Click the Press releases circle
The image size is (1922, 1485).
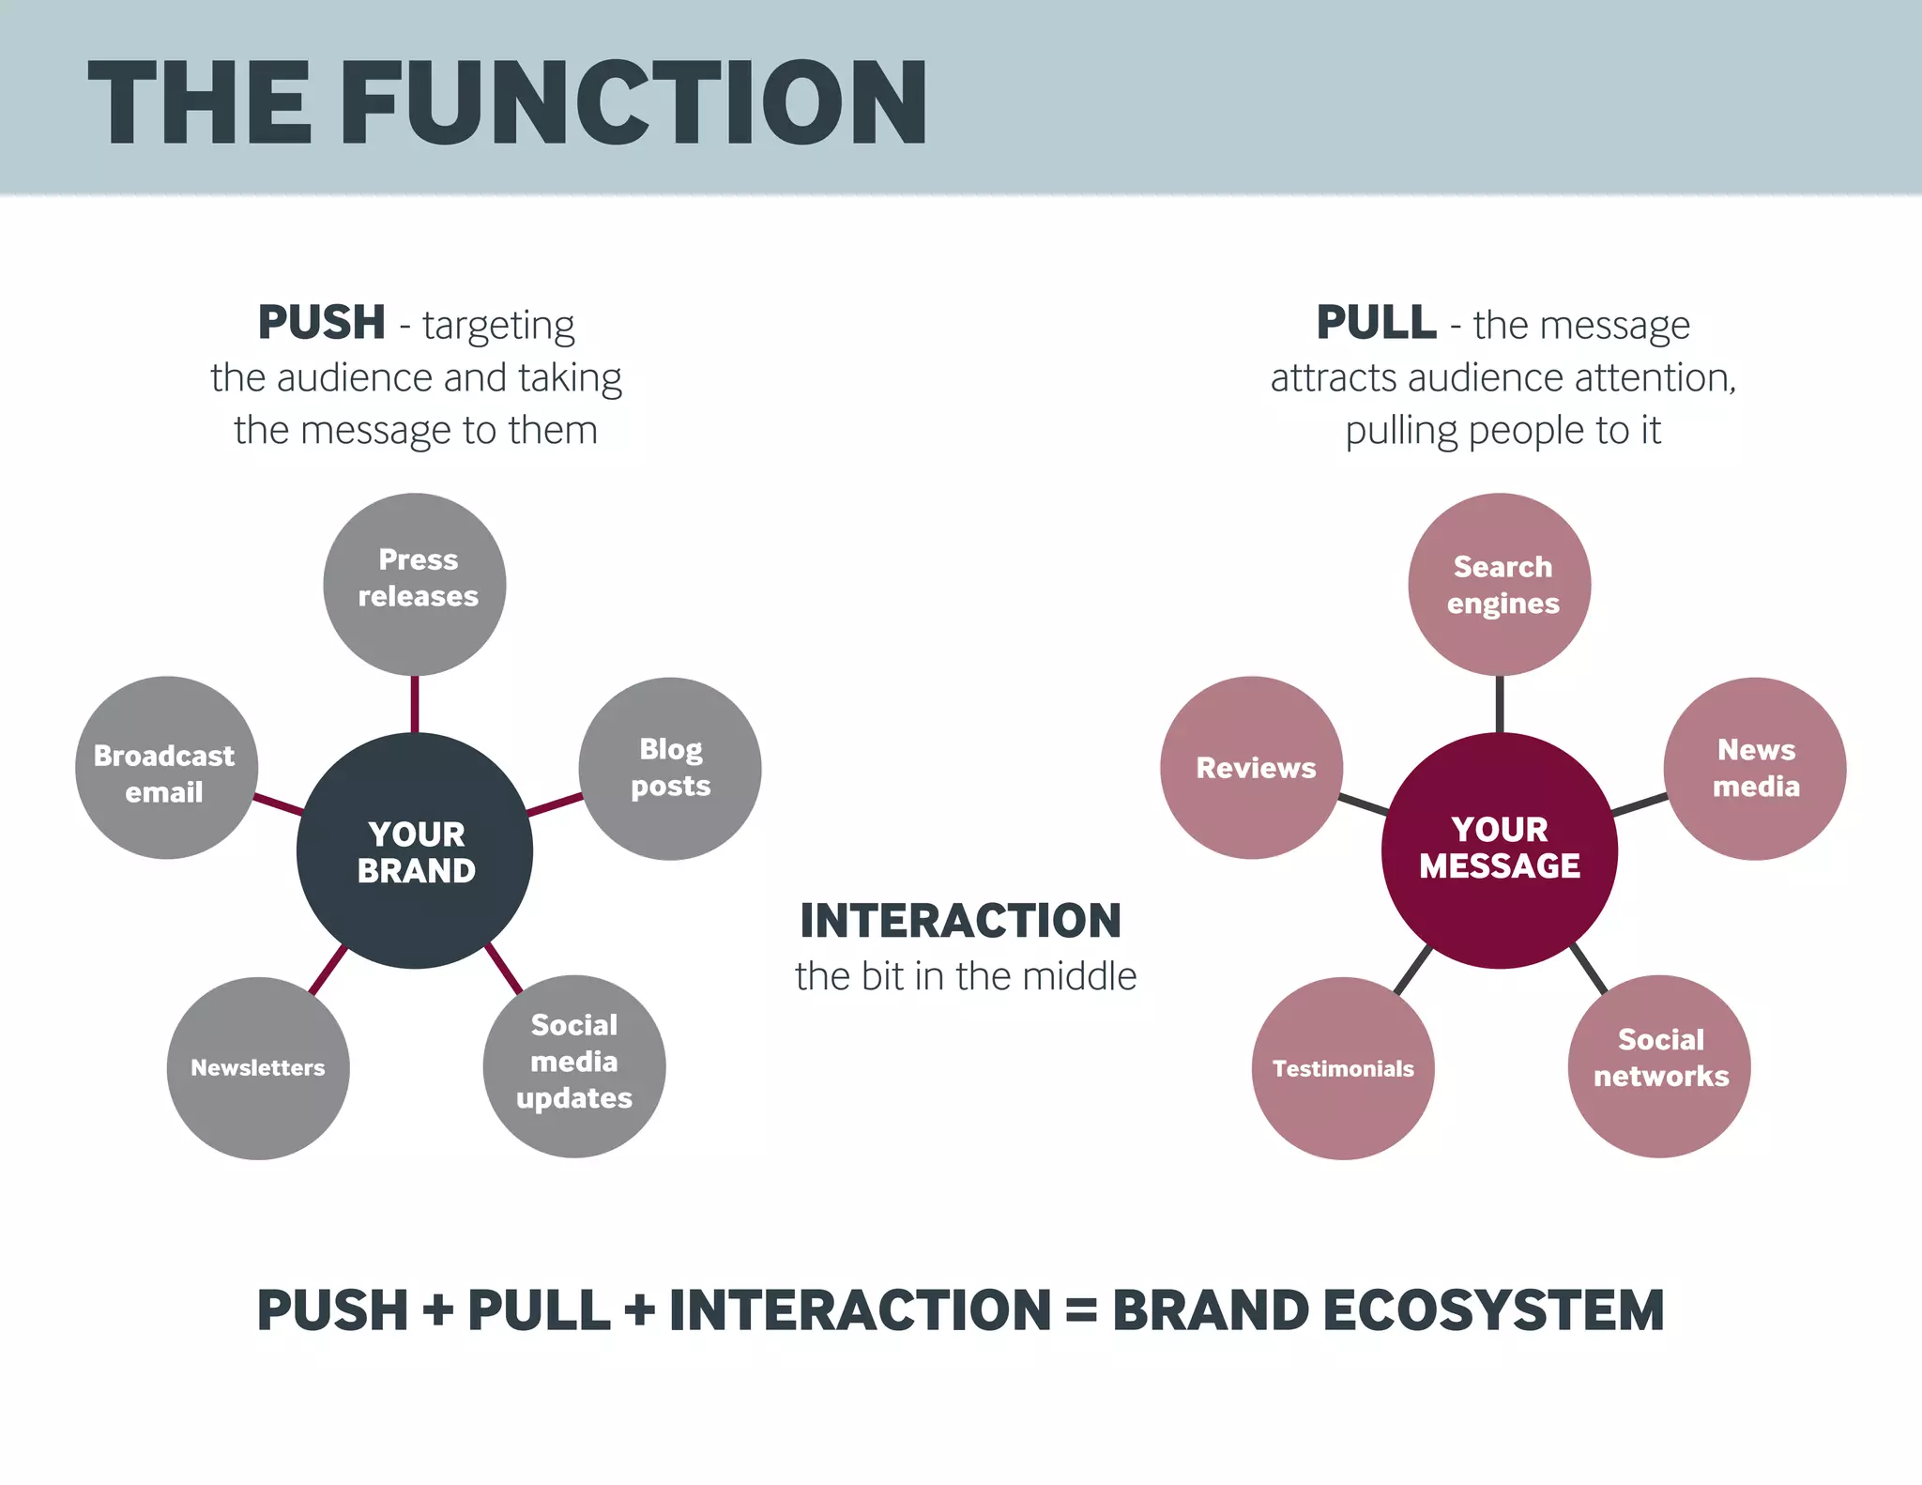pos(415,584)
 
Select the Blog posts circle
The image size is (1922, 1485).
pos(670,769)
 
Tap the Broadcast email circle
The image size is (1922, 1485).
pos(166,768)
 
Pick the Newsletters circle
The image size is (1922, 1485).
pos(258,1068)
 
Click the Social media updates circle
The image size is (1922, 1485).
pos(574,1066)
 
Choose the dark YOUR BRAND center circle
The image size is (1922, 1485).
pos(415,851)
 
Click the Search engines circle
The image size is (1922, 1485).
pos(1500,584)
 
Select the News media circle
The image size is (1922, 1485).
pos(1755,769)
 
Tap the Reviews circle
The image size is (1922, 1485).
pos(1252,768)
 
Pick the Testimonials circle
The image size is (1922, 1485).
pos(1343,1068)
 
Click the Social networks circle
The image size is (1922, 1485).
pos(1659,1066)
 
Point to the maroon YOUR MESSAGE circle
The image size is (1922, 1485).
pos(1500,851)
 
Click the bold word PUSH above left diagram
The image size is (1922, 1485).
pos(321,323)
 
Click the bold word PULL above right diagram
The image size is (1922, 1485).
pos(1376,323)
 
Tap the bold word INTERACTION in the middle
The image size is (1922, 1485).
pos(960,921)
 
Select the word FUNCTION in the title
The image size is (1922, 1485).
pos(634,103)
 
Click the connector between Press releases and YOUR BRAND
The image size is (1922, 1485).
pos(415,704)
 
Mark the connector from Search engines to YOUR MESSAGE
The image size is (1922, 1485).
pos(1500,704)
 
